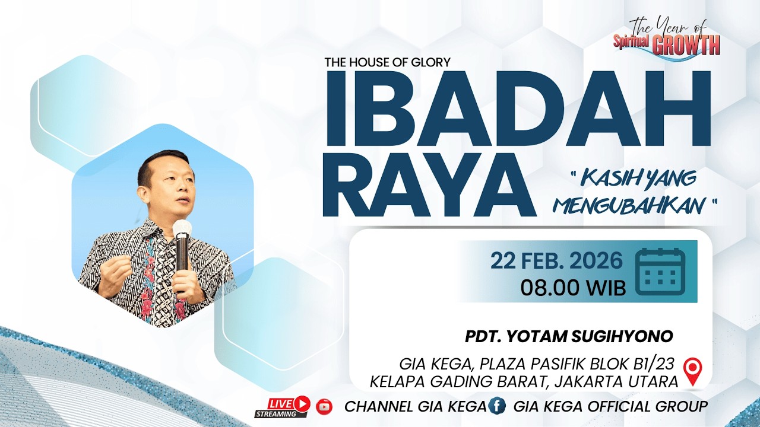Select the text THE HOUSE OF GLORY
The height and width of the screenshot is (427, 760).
387,62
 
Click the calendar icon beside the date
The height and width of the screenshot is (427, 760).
660,272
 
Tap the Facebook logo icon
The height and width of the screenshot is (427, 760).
496,406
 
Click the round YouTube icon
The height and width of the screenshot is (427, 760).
324,406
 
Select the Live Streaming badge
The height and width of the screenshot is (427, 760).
283,406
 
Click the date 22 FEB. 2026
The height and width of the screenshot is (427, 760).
556,261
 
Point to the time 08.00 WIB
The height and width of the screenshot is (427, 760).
573,288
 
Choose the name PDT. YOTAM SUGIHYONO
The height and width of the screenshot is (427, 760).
569,337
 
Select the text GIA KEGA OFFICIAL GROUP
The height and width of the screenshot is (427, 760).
610,407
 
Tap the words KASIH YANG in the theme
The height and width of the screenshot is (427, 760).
638,177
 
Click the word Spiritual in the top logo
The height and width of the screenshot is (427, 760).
632,42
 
